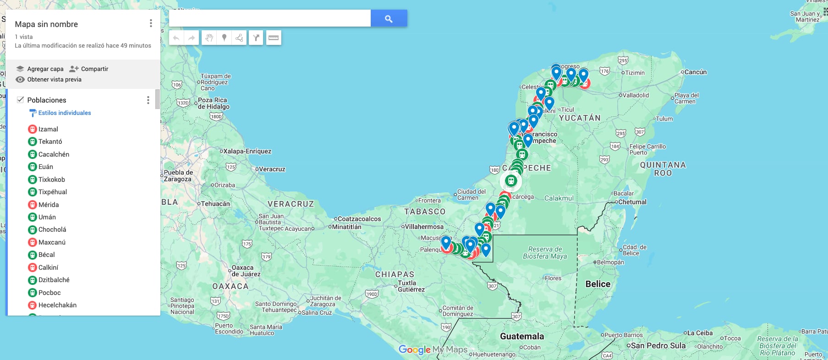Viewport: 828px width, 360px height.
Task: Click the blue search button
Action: (389, 18)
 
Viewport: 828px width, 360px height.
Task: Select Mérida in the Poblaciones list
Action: (48, 205)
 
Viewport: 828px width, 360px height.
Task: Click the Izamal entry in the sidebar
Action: (48, 129)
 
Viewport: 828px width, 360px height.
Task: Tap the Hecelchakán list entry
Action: (57, 305)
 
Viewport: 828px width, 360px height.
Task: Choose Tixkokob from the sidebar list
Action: (51, 180)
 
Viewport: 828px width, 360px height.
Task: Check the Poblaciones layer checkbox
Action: (20, 100)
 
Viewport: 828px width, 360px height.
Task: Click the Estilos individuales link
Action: (64, 113)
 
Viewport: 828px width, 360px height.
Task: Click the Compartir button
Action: (89, 69)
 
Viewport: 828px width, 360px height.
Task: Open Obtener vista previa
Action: (54, 79)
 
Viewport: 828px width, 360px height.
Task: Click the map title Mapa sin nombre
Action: (46, 24)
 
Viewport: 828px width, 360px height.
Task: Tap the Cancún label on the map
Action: (695, 72)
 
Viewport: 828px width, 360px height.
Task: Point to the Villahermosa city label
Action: (424, 227)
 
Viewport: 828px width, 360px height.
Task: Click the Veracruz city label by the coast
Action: (272, 169)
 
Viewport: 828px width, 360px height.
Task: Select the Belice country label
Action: (598, 284)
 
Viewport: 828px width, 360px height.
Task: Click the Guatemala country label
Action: (522, 336)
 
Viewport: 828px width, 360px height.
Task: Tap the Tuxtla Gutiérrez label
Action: (411, 286)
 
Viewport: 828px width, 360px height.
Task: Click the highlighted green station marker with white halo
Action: (510, 181)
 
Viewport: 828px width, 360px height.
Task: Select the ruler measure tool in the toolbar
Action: (274, 38)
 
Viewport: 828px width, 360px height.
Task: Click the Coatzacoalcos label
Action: (359, 219)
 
